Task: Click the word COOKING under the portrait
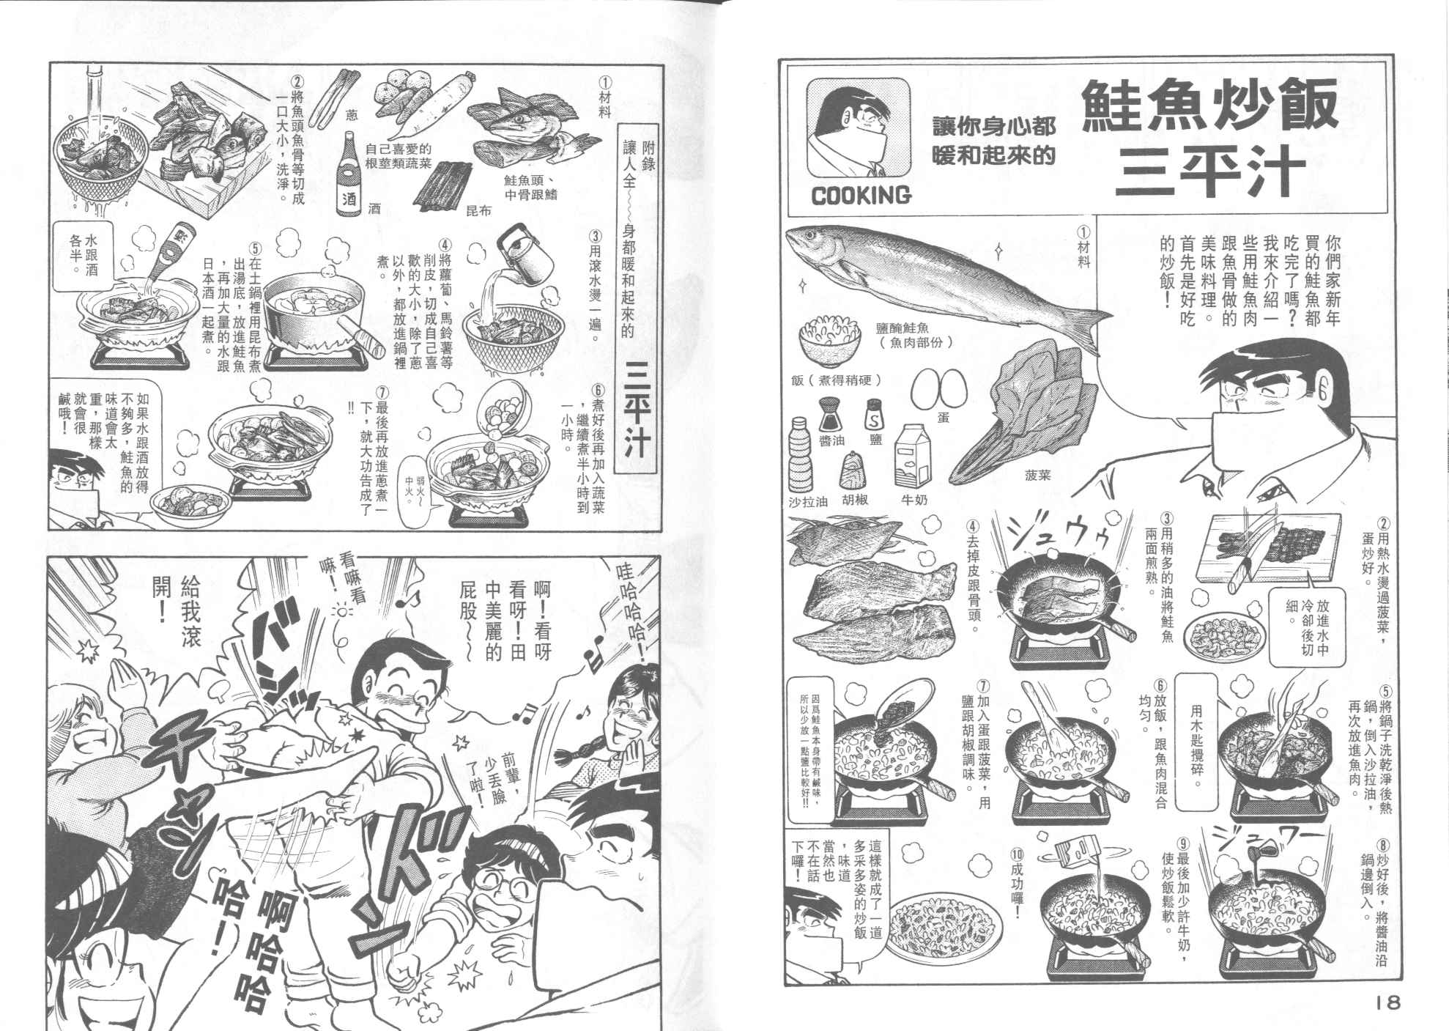tap(861, 195)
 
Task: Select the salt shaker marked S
tap(875, 415)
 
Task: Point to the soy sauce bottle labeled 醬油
tap(829, 417)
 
